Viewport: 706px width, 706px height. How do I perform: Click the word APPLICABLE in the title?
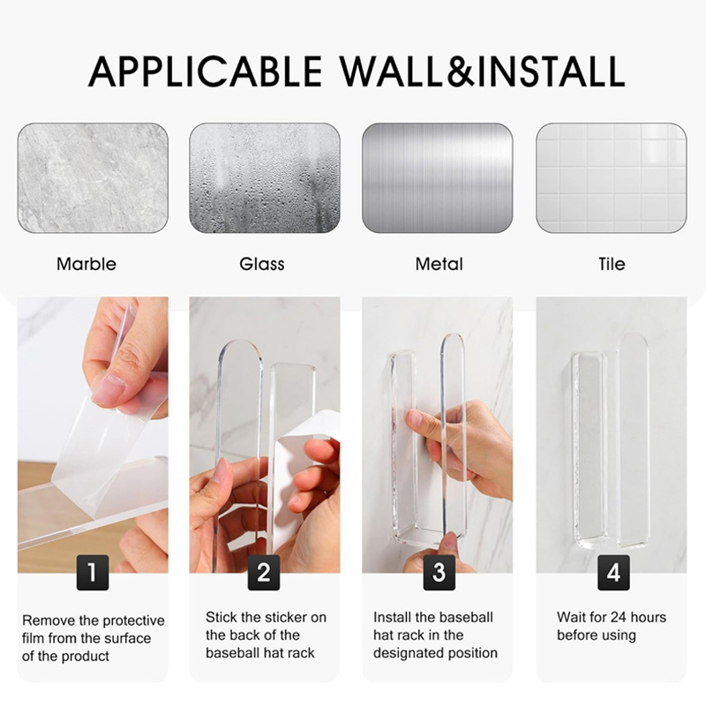(x=205, y=71)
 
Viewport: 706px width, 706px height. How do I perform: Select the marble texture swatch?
(x=93, y=178)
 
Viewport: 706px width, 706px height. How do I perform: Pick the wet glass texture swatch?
(x=265, y=178)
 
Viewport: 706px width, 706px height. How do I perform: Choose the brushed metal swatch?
(x=438, y=178)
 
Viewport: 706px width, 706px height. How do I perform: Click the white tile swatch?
(x=612, y=178)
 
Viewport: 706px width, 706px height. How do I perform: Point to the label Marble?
(x=86, y=264)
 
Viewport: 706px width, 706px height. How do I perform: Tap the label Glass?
(x=262, y=264)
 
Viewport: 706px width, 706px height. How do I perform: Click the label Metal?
(x=439, y=264)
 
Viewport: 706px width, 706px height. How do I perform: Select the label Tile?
(x=612, y=264)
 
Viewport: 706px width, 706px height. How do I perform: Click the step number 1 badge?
(x=93, y=572)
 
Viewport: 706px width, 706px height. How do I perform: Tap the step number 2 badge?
(x=264, y=572)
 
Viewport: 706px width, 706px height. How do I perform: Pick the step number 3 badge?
(x=439, y=572)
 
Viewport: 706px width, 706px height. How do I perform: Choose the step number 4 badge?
(x=613, y=572)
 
